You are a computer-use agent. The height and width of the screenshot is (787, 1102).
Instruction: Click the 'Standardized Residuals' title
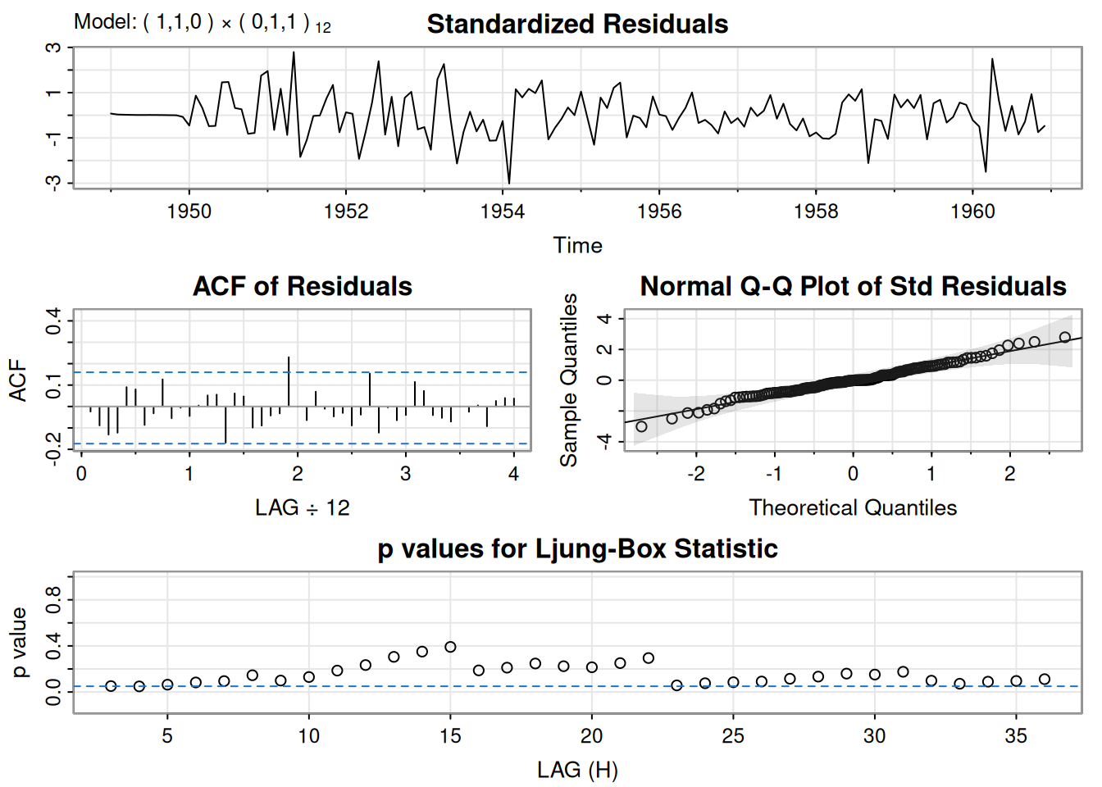pyautogui.click(x=577, y=25)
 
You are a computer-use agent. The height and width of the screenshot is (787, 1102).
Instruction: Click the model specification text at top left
pyautogui.click(x=202, y=22)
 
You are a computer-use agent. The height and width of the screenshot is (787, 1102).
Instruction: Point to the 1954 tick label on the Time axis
pyautogui.click(x=503, y=212)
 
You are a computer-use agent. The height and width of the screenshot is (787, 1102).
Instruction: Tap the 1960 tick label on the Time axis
pyautogui.click(x=972, y=212)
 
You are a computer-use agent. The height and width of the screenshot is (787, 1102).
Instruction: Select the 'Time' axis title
pyautogui.click(x=577, y=245)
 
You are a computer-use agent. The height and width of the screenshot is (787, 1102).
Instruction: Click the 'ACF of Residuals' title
pyautogui.click(x=302, y=286)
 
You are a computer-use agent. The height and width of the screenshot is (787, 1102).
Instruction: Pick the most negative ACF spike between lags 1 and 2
pyautogui.click(x=225, y=425)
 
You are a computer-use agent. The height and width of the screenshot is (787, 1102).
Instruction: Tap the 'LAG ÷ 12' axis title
pyautogui.click(x=302, y=508)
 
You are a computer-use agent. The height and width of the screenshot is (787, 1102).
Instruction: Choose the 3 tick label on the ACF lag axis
pyautogui.click(x=405, y=474)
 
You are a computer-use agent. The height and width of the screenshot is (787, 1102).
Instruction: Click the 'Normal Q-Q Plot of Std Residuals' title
pyautogui.click(x=853, y=286)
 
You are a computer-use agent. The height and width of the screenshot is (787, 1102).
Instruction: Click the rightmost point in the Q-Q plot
pyautogui.click(x=1064, y=337)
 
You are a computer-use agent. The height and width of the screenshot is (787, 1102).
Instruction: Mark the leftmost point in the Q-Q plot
pyautogui.click(x=641, y=426)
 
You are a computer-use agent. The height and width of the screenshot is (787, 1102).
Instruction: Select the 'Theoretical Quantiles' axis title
pyautogui.click(x=853, y=508)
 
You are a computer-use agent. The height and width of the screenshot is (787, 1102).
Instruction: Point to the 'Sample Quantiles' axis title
pyautogui.click(x=568, y=380)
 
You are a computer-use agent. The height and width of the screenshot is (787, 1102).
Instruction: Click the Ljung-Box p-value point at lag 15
pyautogui.click(x=450, y=647)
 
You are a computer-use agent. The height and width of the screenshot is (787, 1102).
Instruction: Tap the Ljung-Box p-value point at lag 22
pyautogui.click(x=649, y=657)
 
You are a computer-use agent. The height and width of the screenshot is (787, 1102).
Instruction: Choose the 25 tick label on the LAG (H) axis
pyautogui.click(x=733, y=736)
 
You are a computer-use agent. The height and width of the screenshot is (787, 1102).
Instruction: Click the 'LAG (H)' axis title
pyautogui.click(x=577, y=771)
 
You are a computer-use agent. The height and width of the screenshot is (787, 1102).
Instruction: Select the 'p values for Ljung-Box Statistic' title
pyautogui.click(x=577, y=548)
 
